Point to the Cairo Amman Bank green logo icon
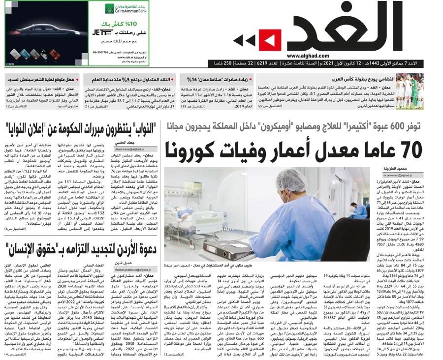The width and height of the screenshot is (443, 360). point(110,8)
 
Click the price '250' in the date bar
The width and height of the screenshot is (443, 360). point(223,64)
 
